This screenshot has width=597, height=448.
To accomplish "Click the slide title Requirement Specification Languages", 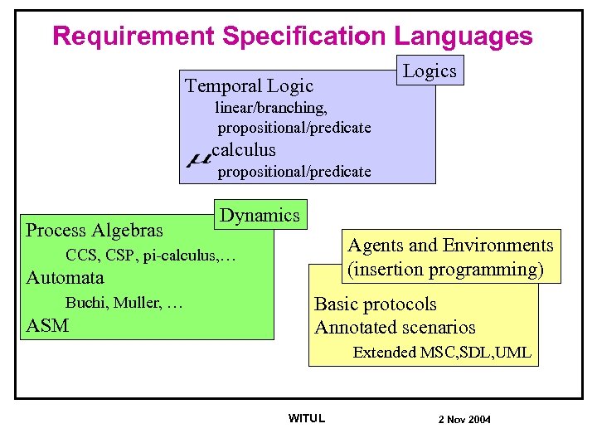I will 292,36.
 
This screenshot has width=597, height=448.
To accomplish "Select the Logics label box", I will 429,71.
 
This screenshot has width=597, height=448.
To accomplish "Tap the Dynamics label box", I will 260,215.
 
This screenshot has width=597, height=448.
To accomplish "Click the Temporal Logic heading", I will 249,85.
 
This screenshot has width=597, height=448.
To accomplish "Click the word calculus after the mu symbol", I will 244,150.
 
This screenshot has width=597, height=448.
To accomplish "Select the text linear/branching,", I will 271,108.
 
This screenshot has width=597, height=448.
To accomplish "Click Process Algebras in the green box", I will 95,230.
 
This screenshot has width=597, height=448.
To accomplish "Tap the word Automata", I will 66,277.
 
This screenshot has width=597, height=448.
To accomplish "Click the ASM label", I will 47,325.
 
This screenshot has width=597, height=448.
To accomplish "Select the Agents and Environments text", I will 450,246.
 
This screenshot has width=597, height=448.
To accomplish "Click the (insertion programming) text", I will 446,270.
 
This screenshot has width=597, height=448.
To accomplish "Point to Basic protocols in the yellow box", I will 375,304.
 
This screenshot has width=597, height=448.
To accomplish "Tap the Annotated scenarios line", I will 395,328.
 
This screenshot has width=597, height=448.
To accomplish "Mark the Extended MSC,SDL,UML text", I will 442,353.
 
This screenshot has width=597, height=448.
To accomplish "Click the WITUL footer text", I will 306,418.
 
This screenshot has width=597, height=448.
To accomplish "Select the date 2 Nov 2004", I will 464,420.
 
